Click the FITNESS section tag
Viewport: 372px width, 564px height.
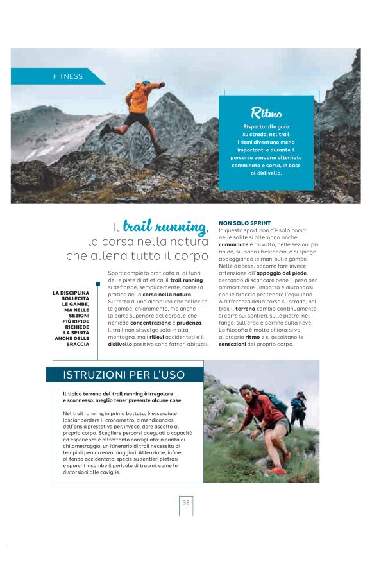click(68, 76)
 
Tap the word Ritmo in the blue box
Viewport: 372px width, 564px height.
click(266, 113)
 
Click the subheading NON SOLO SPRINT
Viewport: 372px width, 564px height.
click(245, 223)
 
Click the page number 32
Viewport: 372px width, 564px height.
click(186, 502)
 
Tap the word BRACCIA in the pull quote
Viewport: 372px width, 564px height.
click(78, 344)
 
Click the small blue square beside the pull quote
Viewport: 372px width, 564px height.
click(98, 284)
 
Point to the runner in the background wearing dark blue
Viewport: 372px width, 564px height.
click(298, 406)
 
